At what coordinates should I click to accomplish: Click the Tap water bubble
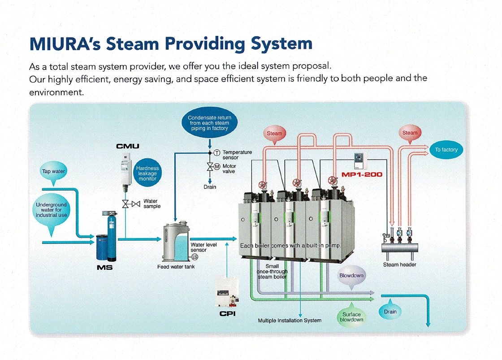[x=53, y=171]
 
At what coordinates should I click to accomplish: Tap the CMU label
[x=128, y=146]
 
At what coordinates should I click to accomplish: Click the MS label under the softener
[x=105, y=268]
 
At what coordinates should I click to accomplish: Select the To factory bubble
[x=446, y=150]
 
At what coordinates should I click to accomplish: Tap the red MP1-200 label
[x=362, y=174]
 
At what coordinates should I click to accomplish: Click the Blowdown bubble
[x=351, y=275]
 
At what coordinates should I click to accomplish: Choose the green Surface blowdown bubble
[x=351, y=317]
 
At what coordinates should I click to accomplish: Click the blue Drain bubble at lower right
[x=390, y=312]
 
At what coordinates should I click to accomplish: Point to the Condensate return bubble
[x=209, y=122]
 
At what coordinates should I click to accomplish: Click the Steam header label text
[x=399, y=265]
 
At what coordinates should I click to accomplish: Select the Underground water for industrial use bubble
[x=52, y=210]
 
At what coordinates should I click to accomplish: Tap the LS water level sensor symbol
[x=195, y=257]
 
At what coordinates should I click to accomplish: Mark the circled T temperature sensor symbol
[x=216, y=152]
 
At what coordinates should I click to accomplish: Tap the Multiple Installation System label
[x=290, y=321]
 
